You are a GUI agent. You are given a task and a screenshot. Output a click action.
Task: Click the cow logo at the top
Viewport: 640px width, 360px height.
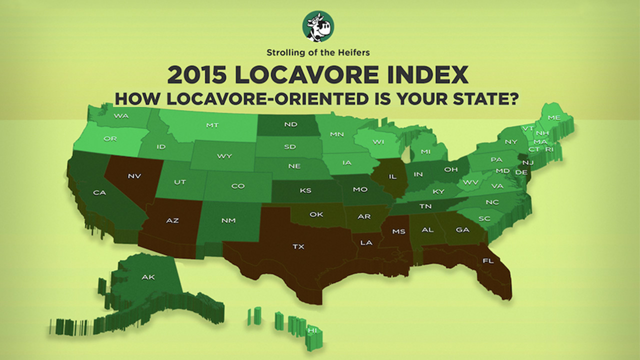point(318,26)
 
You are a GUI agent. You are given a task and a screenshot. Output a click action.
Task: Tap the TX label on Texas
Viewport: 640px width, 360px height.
point(298,246)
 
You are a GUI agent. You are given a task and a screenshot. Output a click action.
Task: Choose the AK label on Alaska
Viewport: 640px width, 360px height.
point(148,277)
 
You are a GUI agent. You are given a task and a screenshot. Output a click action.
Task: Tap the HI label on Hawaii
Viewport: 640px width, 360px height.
point(312,330)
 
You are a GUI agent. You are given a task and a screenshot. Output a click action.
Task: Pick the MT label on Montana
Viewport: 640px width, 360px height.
point(212,125)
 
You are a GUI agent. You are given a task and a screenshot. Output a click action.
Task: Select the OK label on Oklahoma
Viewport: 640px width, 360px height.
point(316,214)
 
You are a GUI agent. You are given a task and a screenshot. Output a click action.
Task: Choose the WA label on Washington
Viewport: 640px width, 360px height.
point(121,116)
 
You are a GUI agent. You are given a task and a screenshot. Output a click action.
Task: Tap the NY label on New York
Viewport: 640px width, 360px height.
point(511,142)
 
